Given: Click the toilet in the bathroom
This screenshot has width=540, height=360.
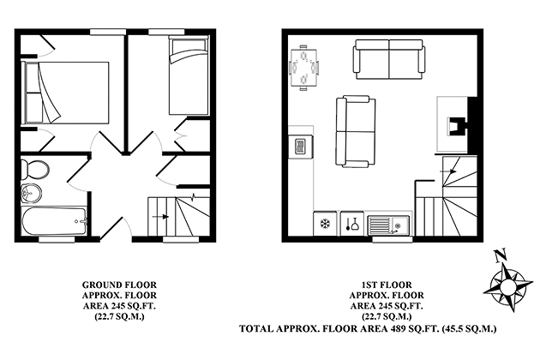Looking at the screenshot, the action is point(34,170).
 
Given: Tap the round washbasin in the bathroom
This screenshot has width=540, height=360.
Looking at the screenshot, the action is point(32,193).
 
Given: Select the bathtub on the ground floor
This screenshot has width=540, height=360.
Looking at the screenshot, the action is point(54,221).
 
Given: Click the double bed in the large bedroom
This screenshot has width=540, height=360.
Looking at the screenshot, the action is point(65,93).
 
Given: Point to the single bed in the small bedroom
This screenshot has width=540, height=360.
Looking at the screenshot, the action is point(189,75).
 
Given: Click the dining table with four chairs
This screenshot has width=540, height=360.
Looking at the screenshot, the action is point(303,67).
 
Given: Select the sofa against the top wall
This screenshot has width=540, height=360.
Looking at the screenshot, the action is point(388,59).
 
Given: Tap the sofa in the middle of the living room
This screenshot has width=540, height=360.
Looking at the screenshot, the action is point(356,131).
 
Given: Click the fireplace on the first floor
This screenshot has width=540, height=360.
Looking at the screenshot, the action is point(458,125).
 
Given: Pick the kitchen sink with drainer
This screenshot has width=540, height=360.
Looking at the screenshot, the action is point(388,225).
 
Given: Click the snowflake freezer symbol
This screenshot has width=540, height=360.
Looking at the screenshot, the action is point(325,224).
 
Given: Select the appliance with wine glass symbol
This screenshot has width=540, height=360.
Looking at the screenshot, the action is point(351,224).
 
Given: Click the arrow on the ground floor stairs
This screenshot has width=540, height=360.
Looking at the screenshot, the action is point(160,217).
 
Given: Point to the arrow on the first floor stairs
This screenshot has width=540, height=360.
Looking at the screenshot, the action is point(449,171).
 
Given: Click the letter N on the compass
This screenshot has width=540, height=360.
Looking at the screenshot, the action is point(500,255).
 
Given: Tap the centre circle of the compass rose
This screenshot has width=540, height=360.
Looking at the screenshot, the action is point(507,286).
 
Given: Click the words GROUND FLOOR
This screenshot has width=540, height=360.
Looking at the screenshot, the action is point(119,285).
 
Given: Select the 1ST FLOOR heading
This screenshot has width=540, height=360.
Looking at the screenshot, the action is point(387,285).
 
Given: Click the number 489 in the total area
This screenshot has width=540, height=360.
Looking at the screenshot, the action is point(397,328).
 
